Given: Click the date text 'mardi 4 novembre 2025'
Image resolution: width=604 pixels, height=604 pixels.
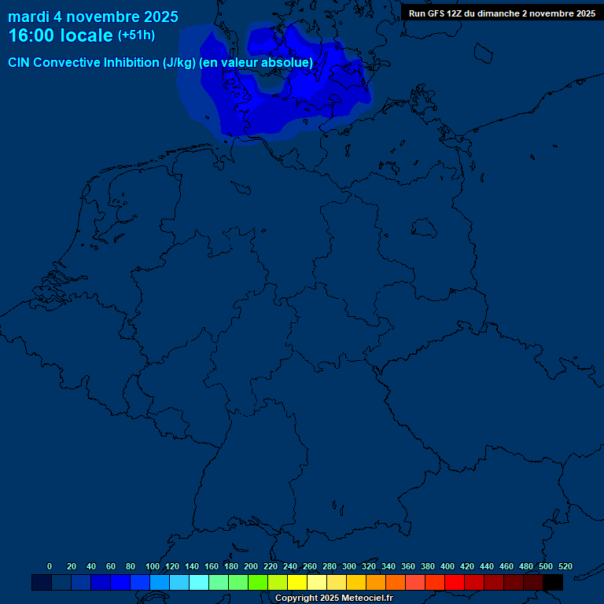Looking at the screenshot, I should click(93, 17).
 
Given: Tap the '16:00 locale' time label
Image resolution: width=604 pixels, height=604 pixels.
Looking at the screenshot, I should click(61, 35).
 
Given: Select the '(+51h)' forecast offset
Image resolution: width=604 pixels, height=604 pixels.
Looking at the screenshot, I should click(136, 35).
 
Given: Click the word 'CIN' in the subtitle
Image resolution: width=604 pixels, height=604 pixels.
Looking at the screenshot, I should click(20, 62).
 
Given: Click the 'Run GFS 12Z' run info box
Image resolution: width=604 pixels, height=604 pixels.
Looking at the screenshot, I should click(502, 13).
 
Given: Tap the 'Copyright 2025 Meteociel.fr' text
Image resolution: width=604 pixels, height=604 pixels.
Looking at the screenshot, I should click(334, 598).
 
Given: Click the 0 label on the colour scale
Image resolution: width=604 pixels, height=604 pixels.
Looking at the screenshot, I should click(50, 566).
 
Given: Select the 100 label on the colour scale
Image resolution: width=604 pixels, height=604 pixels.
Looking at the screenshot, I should click(153, 566).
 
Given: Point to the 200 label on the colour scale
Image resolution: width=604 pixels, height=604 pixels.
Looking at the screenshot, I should click(251, 566).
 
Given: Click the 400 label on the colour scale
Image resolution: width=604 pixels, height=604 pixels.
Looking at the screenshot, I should click(447, 566).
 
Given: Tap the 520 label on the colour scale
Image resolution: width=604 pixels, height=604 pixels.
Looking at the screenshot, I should click(565, 566).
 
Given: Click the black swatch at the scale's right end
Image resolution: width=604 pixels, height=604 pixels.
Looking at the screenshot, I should click(553, 582).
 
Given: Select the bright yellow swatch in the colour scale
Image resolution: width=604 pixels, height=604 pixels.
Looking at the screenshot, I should click(297, 582).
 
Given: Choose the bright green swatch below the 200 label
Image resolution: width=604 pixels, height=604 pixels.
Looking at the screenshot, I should click(258, 582).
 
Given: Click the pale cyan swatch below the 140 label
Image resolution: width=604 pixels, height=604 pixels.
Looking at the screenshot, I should click(199, 582).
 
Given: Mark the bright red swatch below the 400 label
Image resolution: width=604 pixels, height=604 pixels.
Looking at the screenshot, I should click(455, 582).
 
